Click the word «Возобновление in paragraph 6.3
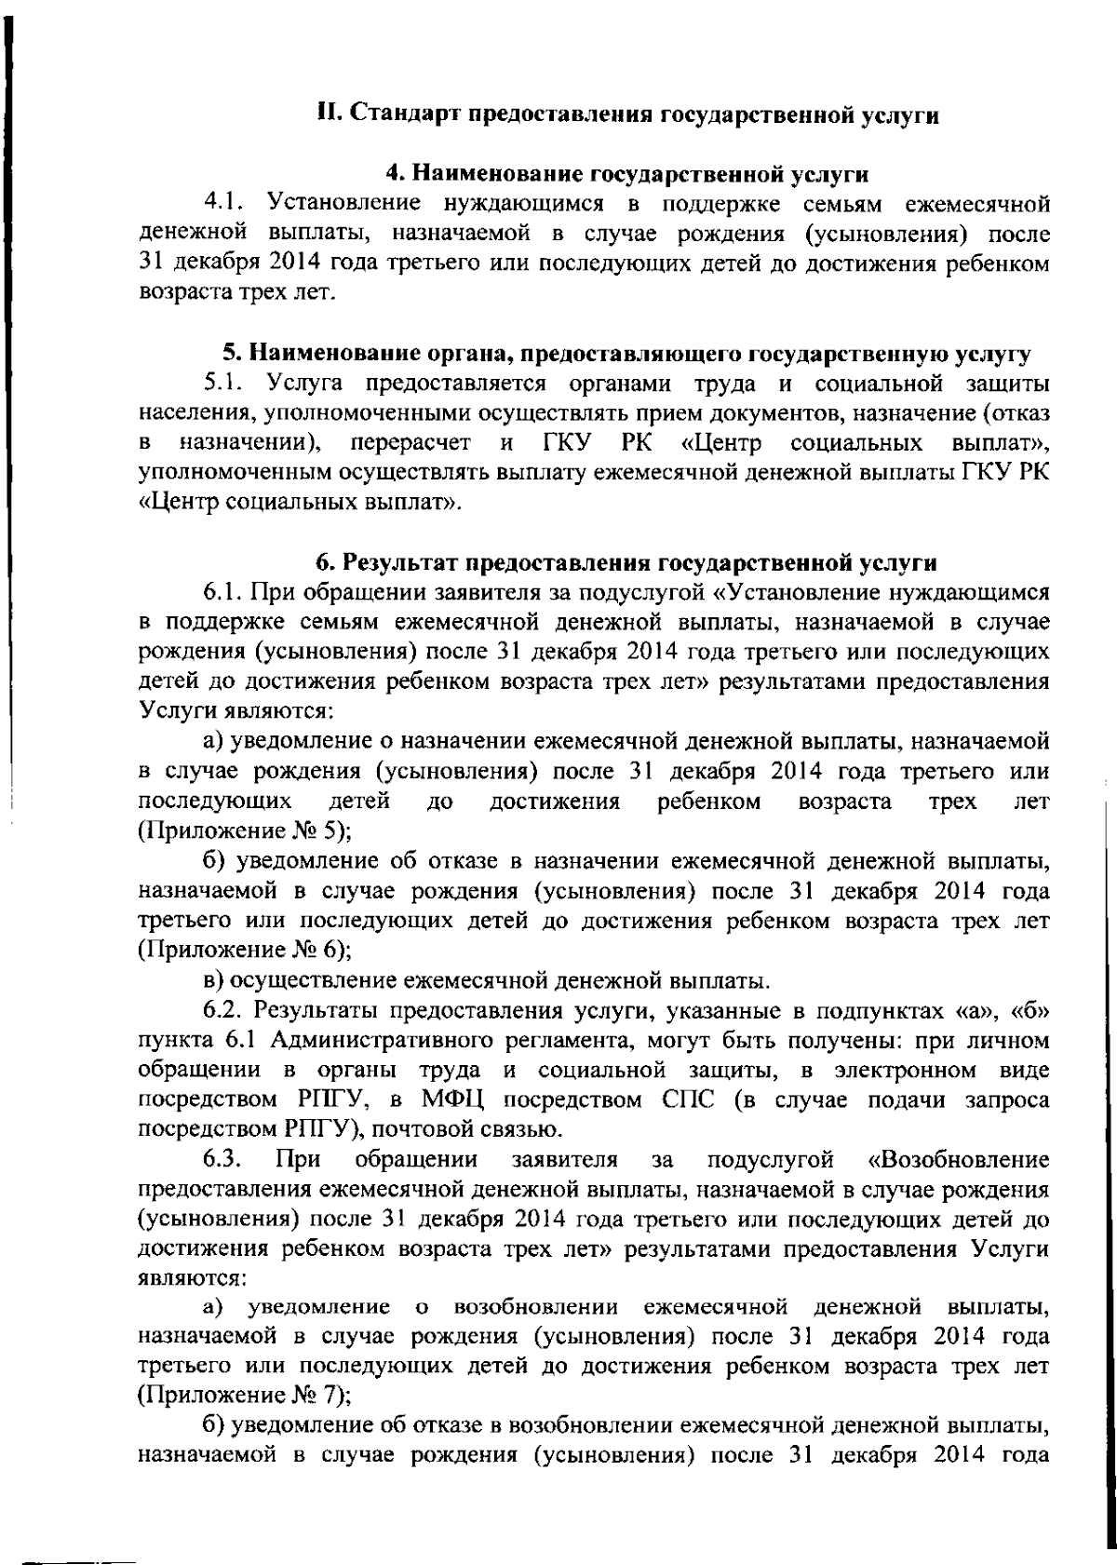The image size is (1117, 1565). pyautogui.click(x=958, y=1160)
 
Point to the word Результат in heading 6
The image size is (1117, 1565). pyautogui.click(x=397, y=562)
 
